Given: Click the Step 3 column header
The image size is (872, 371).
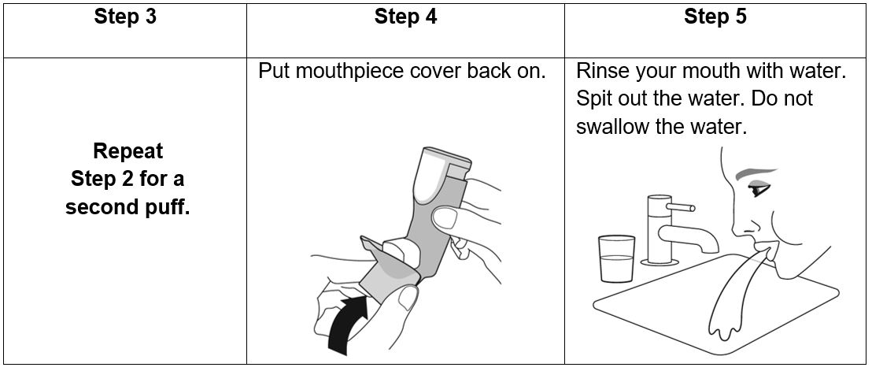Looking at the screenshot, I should tap(125, 17).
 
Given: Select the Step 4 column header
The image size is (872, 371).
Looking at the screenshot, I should tap(405, 17).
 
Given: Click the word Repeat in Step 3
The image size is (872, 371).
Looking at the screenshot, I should tap(127, 151).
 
